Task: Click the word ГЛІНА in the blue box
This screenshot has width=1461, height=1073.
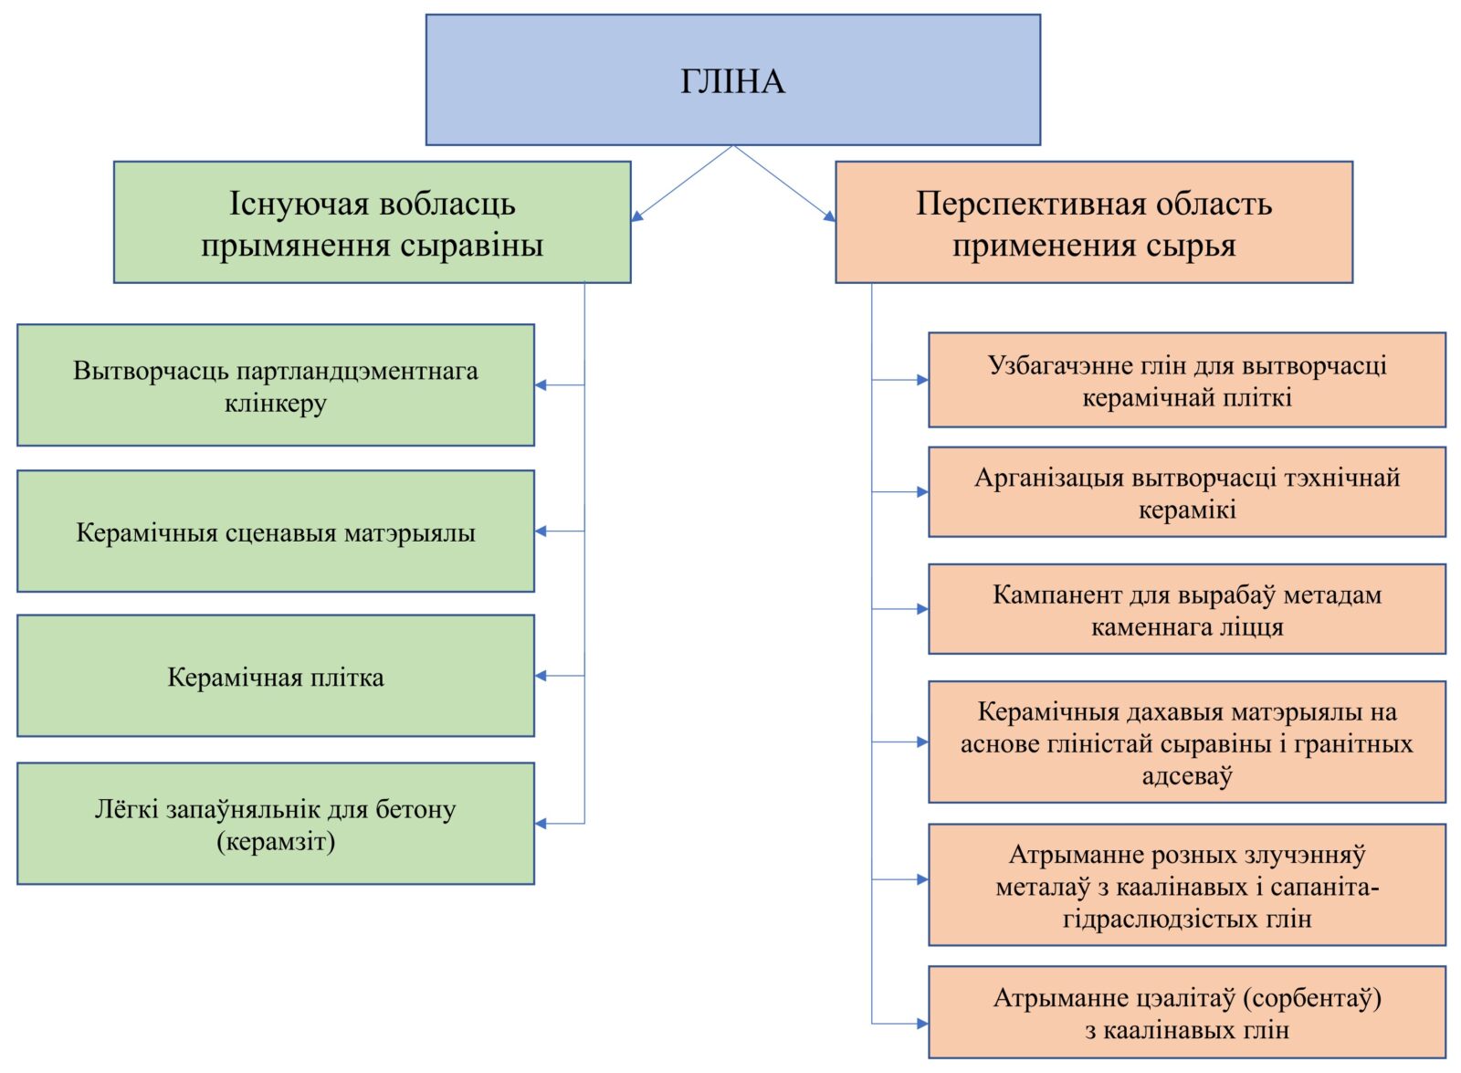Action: (732, 81)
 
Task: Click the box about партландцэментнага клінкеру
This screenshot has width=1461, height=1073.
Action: (276, 385)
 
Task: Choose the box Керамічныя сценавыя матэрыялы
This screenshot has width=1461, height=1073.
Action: (276, 531)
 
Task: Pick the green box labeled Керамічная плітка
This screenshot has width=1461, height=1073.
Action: (276, 677)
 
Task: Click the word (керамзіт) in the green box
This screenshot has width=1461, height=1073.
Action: (276, 842)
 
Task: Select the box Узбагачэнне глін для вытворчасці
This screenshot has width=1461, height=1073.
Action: (1187, 380)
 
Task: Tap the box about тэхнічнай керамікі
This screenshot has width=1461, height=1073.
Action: (1187, 492)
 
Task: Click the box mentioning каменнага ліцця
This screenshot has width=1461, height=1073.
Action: (1187, 609)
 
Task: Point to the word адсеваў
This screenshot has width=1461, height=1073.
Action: (1187, 776)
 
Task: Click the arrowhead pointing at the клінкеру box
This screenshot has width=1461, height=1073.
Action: (541, 385)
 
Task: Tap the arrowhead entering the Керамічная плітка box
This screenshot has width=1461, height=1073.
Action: (541, 677)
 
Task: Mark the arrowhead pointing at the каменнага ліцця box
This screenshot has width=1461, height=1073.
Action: (922, 609)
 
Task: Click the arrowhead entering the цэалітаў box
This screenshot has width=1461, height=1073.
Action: (922, 1024)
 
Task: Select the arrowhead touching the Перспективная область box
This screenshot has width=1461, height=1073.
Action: (830, 216)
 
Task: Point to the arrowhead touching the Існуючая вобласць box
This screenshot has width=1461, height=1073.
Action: (637, 216)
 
